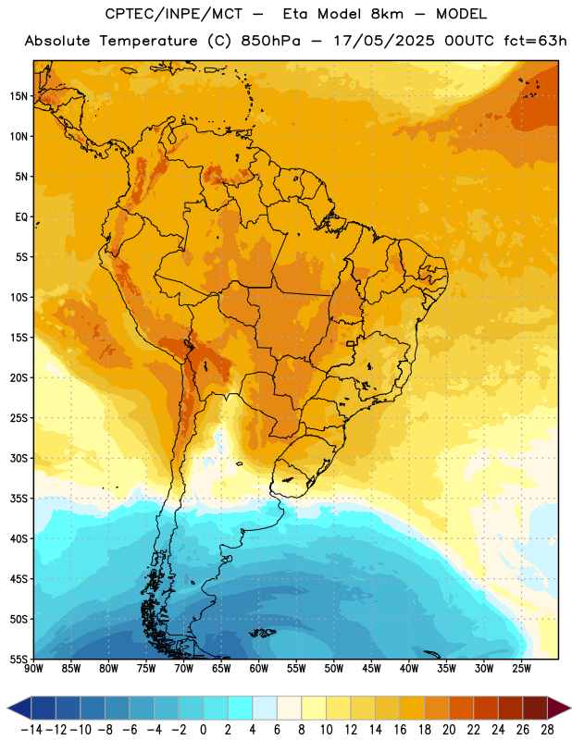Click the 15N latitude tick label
[x=19, y=96]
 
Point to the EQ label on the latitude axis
[x=21, y=217]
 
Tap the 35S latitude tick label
[x=19, y=499]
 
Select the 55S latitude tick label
[x=19, y=659]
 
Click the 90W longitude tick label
[x=33, y=669]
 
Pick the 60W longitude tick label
[x=259, y=669]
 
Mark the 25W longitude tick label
[x=521, y=669]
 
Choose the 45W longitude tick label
[x=371, y=669]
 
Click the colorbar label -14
[x=31, y=730]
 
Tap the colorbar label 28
[x=547, y=730]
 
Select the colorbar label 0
[x=203, y=730]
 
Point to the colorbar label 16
[x=400, y=730]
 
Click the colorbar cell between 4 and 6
[x=265, y=708]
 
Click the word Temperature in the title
[x=148, y=41]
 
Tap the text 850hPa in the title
[x=270, y=41]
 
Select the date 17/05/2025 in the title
[x=384, y=41]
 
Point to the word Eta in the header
[x=295, y=14]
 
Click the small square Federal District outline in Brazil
[x=351, y=343]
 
